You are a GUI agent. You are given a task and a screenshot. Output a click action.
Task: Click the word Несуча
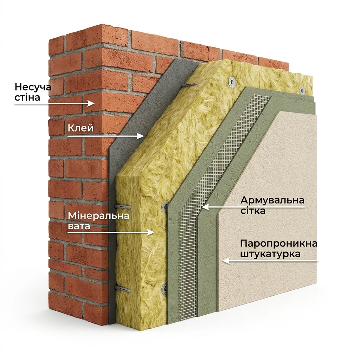pos(33,87)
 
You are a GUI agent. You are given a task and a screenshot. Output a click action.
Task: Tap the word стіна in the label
pos(27,97)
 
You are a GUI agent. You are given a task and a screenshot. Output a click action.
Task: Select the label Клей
pos(81,128)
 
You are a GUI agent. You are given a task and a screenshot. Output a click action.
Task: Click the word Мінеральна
pos(98,216)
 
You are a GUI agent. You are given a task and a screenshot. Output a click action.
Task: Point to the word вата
pos(79,226)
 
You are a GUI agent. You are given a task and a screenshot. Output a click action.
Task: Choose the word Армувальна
pos(272,200)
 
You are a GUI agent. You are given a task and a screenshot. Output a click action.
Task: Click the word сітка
pos(253,211)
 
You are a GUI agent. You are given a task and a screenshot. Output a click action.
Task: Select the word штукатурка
pos(270,254)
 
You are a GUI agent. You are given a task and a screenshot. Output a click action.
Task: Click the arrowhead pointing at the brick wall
pos(91,104)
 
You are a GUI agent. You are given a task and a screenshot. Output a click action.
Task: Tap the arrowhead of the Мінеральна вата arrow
pos(150,232)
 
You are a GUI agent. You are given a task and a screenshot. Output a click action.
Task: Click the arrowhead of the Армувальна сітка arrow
pos(205,207)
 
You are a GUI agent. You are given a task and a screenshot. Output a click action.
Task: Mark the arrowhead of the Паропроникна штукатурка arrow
pos(226,261)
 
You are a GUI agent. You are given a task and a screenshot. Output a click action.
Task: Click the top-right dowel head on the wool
pos(302,90)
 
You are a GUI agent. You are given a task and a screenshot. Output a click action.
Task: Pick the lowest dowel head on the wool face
pos(165,289)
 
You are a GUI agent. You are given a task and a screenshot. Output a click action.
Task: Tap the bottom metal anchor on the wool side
pos(123,289)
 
